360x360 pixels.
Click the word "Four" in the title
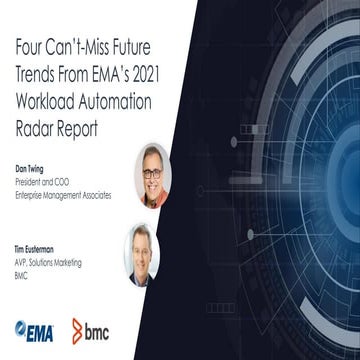[x=31, y=46]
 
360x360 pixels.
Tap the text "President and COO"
[x=40, y=180]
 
